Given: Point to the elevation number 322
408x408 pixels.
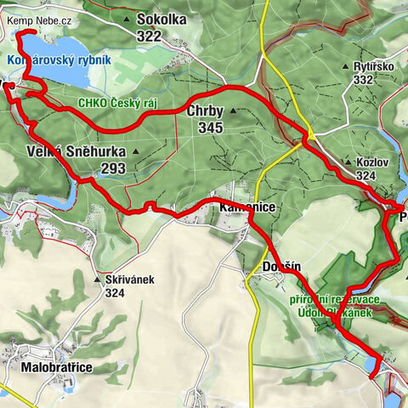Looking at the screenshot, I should point(148,36).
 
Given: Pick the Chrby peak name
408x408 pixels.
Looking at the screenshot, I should point(205,110).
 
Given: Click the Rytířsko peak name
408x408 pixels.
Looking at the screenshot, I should point(376,65).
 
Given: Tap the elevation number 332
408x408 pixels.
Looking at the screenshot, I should point(365,79).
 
